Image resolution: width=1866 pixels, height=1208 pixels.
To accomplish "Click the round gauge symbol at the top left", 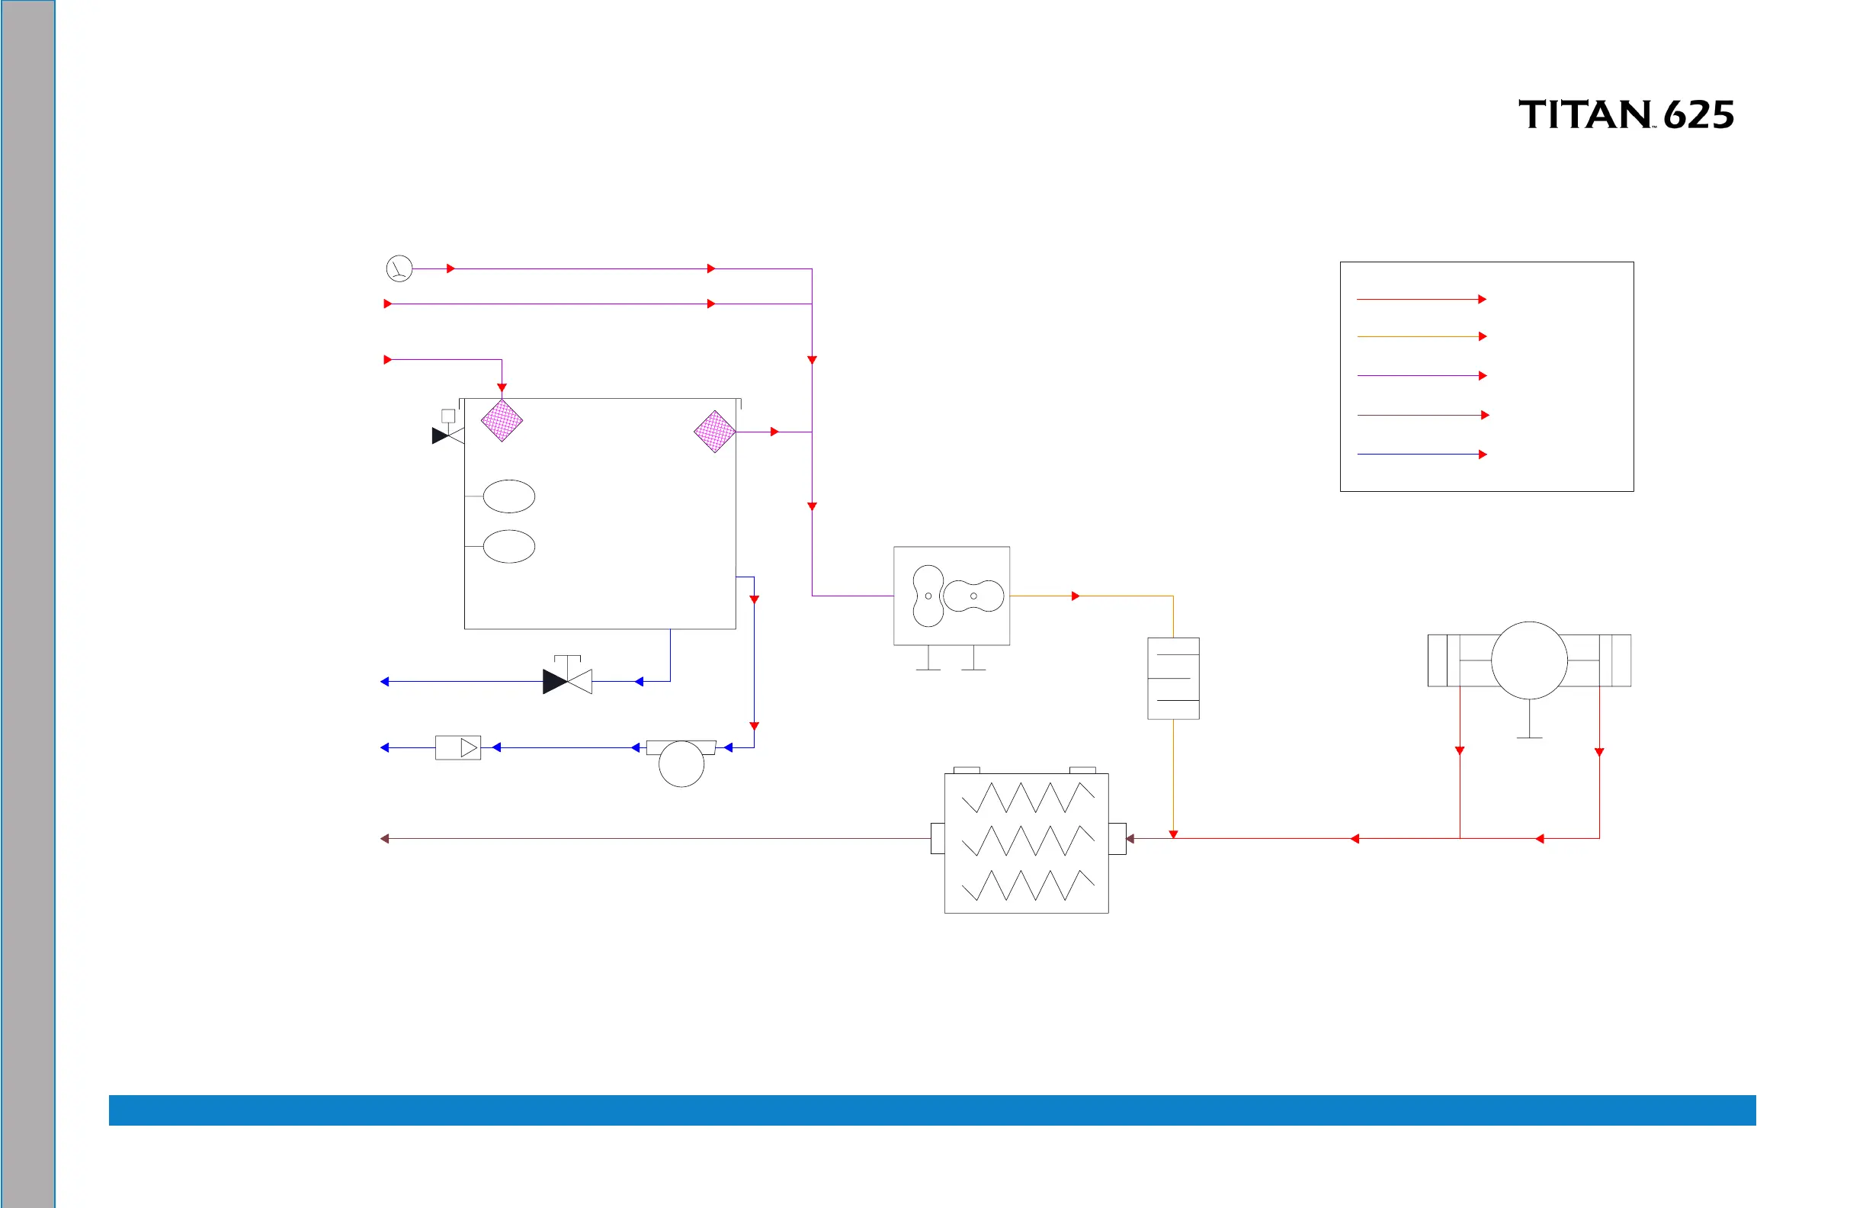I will click(399, 268).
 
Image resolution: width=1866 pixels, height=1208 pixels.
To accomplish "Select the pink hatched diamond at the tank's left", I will click(502, 421).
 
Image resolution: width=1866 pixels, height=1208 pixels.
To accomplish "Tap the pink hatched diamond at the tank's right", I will click(714, 432).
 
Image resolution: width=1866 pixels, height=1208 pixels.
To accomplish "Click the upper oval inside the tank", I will click(509, 496).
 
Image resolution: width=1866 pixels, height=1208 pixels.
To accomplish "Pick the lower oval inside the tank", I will click(509, 546).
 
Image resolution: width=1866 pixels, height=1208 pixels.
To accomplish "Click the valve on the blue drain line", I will click(567, 681).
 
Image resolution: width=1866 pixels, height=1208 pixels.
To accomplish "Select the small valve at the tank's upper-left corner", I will click(447, 435).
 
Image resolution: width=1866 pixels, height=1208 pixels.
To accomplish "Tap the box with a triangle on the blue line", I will click(458, 747).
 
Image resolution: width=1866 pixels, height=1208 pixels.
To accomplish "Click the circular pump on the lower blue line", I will click(681, 763).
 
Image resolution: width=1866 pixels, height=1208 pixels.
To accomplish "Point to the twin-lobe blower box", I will click(951, 596).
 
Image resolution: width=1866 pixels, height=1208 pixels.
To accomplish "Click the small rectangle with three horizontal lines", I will click(1173, 679).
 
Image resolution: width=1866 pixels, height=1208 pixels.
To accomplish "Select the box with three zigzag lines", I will click(1026, 843).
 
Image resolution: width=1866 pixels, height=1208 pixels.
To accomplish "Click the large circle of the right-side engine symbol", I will click(1529, 660).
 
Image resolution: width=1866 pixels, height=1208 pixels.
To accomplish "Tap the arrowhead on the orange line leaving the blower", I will click(1076, 596).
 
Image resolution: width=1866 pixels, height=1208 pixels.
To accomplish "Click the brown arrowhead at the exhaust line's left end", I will click(385, 839).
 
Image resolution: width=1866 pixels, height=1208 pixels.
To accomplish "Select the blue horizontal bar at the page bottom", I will click(932, 1110).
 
